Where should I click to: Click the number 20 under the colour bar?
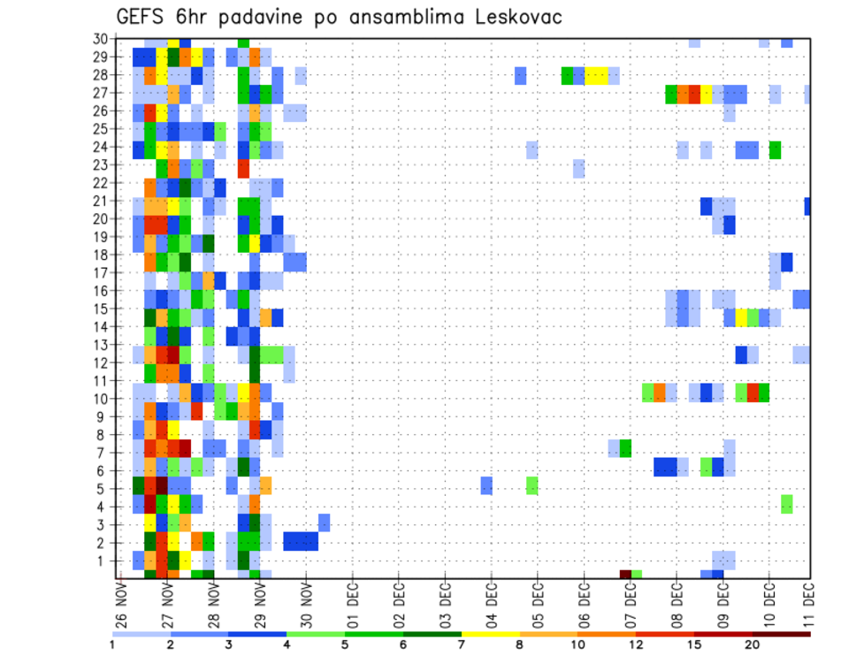click(753, 645)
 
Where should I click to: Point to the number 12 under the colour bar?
click(636, 645)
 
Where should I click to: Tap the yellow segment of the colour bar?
click(491, 634)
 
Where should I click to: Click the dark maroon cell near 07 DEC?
click(625, 575)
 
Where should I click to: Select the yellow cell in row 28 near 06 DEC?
click(596, 75)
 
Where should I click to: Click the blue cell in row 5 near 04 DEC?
click(486, 485)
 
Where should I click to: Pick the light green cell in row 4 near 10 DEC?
click(786, 503)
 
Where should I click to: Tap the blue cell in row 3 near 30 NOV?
click(324, 522)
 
